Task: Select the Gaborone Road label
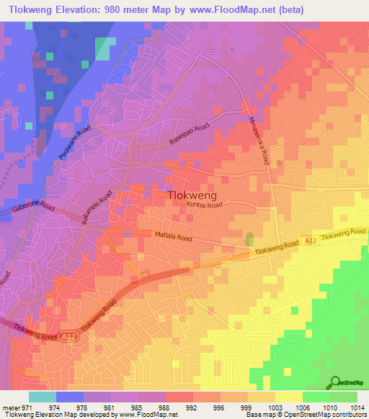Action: coord(34,207)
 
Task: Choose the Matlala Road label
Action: coord(172,235)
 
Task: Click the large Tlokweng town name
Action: coord(192,194)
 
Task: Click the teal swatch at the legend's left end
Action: coord(42,396)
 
